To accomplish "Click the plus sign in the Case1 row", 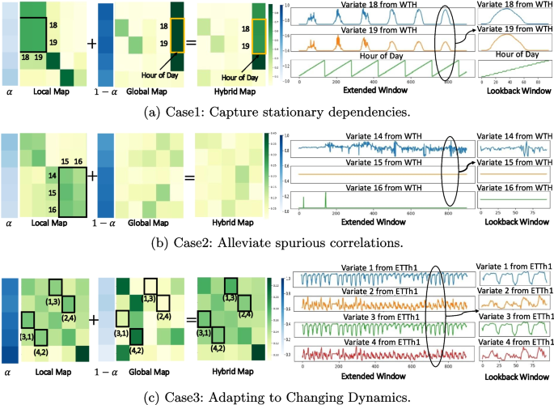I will coord(91,44).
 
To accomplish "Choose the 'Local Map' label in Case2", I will coord(52,223).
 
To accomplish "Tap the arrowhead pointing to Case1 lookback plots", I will coord(476,36).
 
